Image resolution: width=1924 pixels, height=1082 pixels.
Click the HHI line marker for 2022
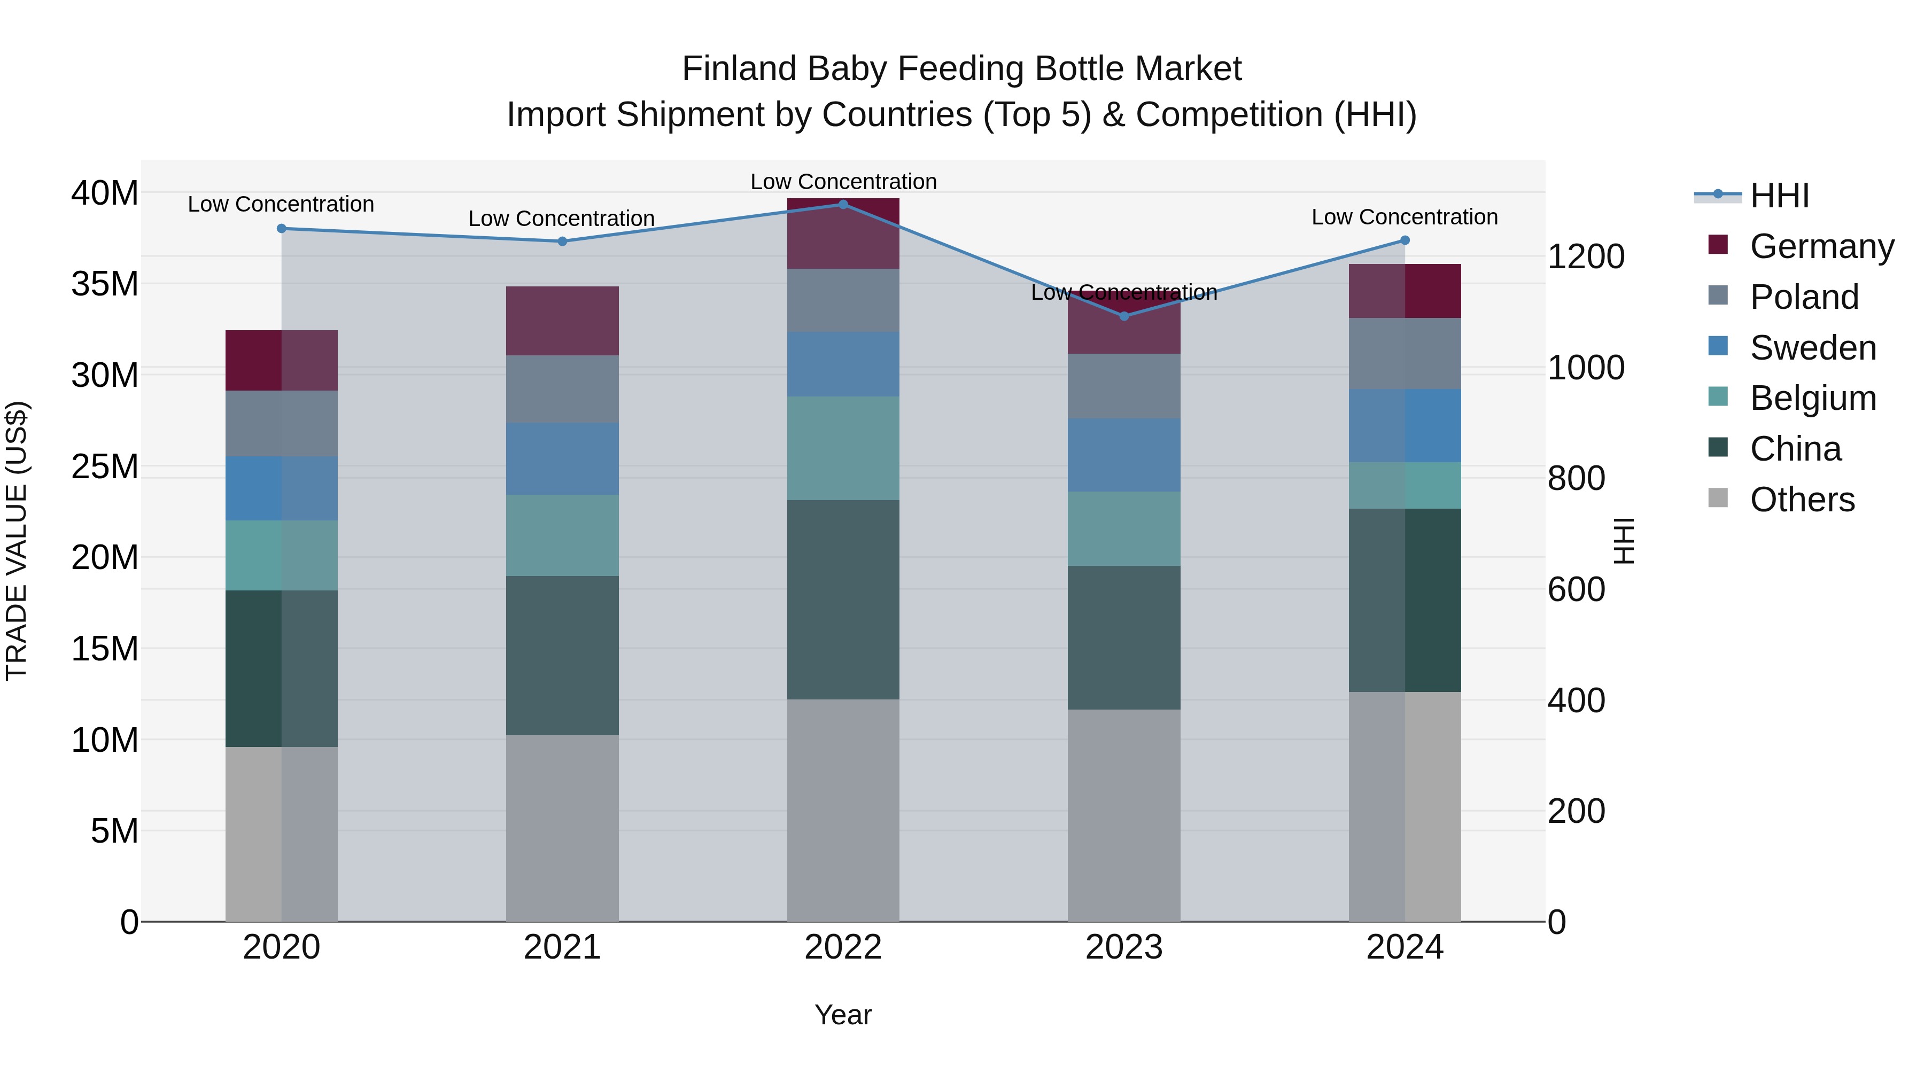843,204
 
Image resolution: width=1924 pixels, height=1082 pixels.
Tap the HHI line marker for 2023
1124,316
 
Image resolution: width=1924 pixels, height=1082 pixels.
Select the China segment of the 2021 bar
562,655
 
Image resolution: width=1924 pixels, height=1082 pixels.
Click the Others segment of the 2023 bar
1124,815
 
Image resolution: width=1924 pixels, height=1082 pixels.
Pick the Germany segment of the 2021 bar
562,321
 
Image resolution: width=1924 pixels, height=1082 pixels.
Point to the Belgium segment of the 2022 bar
843,448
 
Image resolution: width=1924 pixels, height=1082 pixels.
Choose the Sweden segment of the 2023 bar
1124,455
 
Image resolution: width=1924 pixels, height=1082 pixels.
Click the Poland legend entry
1804,297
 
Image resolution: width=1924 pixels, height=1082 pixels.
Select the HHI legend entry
1778,196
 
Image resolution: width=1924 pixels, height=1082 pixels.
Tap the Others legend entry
1802,500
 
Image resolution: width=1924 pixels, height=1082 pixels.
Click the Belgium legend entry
1813,398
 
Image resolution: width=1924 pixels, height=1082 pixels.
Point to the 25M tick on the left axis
105,466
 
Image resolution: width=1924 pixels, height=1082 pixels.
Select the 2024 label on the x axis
1404,947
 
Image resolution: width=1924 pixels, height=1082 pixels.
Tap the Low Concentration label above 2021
562,219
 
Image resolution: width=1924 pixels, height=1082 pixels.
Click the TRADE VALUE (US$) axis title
17,541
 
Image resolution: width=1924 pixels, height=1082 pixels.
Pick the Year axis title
843,1015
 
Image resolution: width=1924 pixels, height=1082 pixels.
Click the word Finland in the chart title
740,69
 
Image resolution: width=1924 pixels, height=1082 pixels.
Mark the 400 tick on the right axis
1576,700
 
